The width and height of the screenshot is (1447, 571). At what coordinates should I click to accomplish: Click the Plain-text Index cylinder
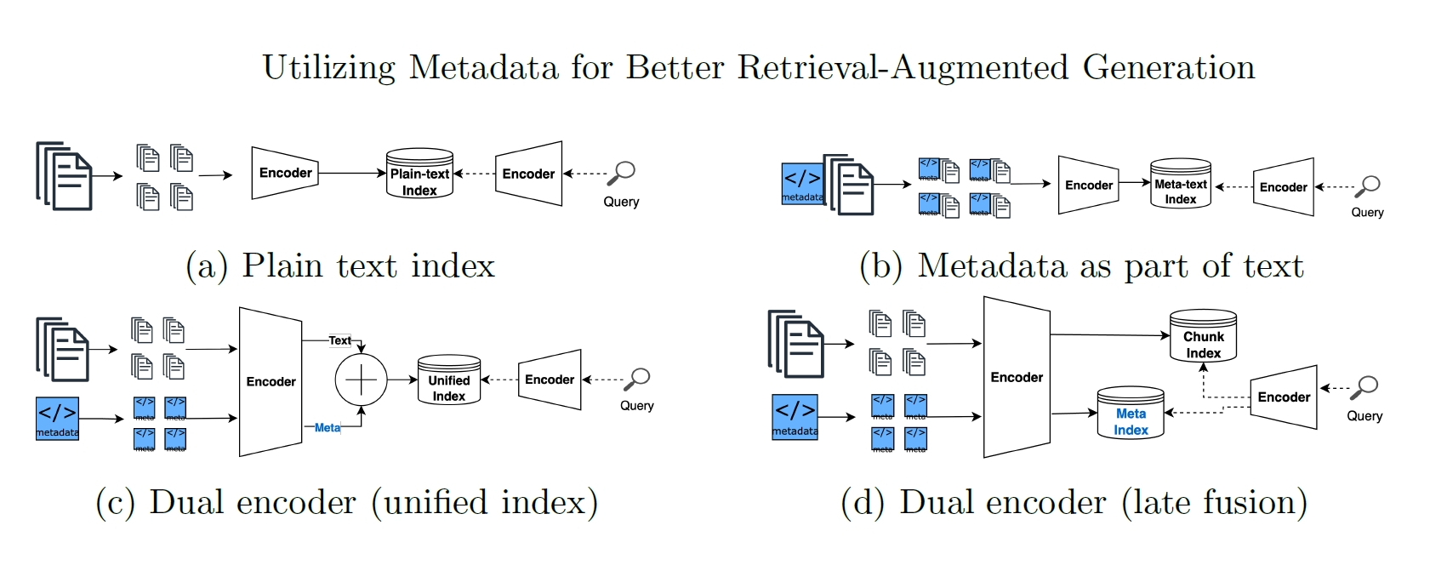(419, 174)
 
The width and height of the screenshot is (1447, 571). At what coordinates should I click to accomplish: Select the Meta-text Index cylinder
(1180, 184)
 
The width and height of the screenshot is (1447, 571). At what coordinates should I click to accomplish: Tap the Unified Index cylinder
(448, 380)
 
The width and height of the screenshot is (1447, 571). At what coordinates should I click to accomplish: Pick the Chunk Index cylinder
(1203, 337)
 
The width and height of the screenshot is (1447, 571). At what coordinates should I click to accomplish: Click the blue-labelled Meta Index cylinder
(1131, 414)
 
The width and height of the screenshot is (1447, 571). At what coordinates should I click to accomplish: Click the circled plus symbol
(361, 380)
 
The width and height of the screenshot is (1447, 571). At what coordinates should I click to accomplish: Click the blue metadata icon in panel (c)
(57, 418)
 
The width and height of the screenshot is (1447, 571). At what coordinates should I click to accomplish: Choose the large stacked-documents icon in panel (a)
(65, 176)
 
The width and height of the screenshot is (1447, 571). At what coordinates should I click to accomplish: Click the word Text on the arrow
(339, 340)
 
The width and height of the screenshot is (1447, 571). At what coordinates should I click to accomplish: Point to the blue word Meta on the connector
(328, 428)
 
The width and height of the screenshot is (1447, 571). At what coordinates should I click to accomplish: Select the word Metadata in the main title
(483, 67)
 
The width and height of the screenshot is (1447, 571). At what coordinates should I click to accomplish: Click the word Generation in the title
(1169, 67)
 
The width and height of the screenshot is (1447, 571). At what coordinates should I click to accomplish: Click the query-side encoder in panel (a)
(529, 174)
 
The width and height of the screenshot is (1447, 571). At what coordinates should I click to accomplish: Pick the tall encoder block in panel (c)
(271, 381)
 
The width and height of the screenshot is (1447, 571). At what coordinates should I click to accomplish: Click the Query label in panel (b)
(1367, 213)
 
